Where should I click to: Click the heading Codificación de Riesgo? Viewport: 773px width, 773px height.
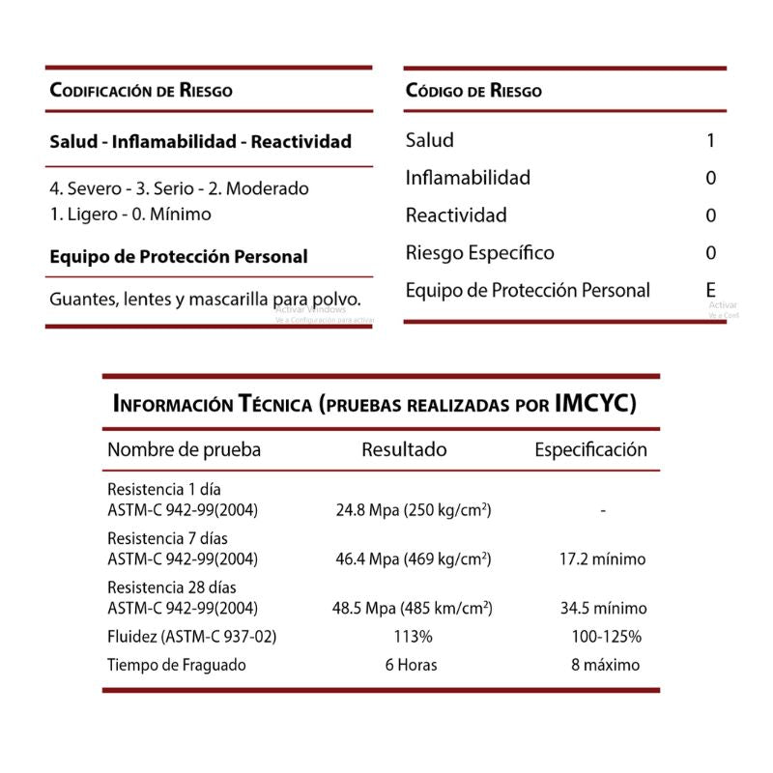(x=141, y=92)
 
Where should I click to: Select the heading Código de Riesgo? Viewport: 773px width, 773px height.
(x=473, y=92)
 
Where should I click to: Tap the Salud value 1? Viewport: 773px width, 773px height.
(x=711, y=141)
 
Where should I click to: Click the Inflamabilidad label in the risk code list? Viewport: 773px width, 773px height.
(x=468, y=178)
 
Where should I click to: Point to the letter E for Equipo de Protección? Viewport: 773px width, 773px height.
(x=711, y=290)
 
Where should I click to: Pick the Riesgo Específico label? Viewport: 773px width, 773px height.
(x=480, y=253)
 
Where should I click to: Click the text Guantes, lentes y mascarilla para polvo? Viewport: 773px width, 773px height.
(x=206, y=299)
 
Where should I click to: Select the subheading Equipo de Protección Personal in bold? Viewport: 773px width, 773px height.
(x=179, y=257)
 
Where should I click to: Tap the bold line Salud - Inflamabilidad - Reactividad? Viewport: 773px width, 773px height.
(x=201, y=142)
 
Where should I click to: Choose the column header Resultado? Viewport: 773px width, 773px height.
(x=404, y=449)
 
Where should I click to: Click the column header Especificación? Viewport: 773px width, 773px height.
(x=591, y=449)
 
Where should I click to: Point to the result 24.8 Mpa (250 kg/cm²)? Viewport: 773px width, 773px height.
(x=414, y=509)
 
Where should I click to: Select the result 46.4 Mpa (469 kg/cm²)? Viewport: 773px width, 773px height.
(x=414, y=558)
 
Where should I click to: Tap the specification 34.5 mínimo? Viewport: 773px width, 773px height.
(x=604, y=609)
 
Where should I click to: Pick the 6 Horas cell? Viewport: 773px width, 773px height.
(x=411, y=665)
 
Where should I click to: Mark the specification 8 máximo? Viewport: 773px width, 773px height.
(x=605, y=665)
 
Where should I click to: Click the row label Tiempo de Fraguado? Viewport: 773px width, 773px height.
(x=177, y=665)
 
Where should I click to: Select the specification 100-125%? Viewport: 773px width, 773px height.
(x=607, y=637)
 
